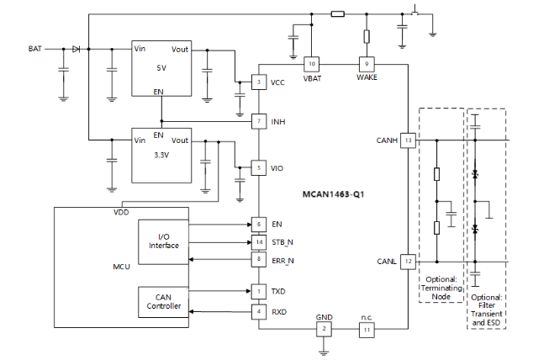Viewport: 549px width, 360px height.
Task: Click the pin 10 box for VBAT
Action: (312, 64)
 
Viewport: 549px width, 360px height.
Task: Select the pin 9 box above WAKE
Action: (367, 64)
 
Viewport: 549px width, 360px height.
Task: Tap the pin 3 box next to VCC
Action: (258, 82)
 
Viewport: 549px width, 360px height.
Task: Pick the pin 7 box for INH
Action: (258, 122)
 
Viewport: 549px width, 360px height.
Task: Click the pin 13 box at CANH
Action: (409, 140)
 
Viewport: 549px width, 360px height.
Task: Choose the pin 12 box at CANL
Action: (409, 262)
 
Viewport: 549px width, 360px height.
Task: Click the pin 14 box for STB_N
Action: (258, 242)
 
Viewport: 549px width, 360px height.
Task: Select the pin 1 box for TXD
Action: (258, 291)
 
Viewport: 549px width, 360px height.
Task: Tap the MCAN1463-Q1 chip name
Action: (333, 193)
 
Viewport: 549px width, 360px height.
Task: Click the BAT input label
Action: (34, 49)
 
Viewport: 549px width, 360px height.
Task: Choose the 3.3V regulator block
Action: (161, 156)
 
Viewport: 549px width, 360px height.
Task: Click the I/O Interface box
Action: (164, 240)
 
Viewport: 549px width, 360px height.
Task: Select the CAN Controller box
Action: (164, 301)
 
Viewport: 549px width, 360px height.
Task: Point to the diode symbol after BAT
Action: (76, 49)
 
